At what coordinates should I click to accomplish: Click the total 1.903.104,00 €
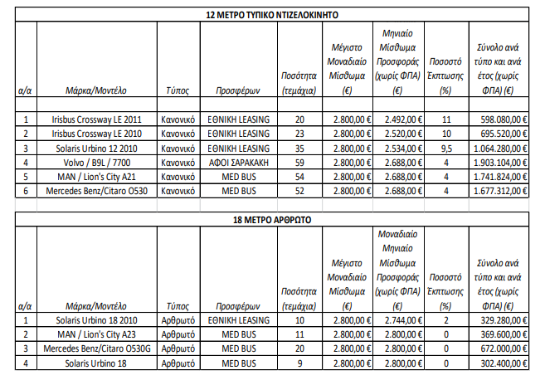click(x=494, y=162)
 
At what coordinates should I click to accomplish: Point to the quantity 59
click(x=299, y=162)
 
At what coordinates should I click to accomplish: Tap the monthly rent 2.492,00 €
click(x=398, y=119)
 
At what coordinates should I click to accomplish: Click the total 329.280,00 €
click(x=494, y=320)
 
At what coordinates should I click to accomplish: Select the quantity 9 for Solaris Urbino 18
click(x=299, y=363)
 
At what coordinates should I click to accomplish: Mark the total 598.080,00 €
click(x=494, y=119)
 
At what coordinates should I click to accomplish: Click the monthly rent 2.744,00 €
click(x=398, y=320)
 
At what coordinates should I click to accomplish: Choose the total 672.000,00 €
click(x=494, y=348)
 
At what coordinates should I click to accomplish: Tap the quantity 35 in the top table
click(x=299, y=148)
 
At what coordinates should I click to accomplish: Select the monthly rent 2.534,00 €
click(x=398, y=148)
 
